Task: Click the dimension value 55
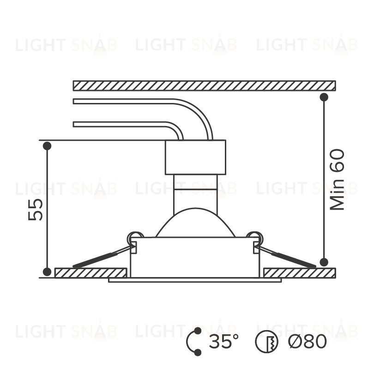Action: (35, 210)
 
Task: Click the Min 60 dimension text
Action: (337, 180)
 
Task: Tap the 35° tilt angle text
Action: (224, 341)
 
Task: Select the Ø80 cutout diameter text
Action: (307, 341)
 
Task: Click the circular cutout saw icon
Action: (267, 342)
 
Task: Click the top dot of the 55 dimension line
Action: (47, 146)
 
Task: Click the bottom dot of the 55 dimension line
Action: (47, 271)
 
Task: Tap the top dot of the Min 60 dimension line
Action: (324, 97)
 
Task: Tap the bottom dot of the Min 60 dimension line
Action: (324, 262)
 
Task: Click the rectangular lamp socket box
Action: (195, 157)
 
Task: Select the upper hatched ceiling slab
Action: (204, 85)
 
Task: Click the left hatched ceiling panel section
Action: (90, 273)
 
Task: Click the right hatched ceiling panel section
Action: (300, 273)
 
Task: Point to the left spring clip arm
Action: (103, 257)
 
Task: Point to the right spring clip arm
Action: (286, 257)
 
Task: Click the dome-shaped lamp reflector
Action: (195, 222)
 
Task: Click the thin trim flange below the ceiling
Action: (195, 280)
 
